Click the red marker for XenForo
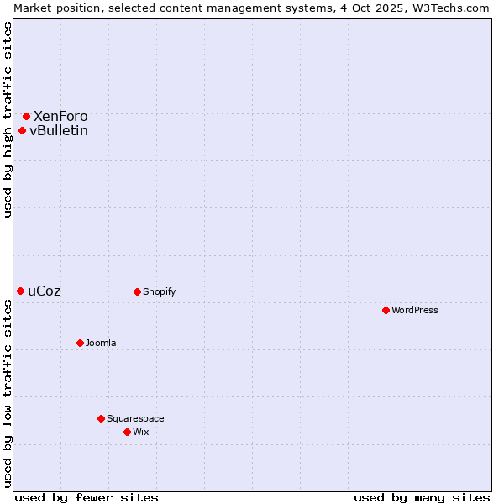tap(26, 116)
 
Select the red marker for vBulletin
tap(22, 130)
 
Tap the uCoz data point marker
tap(20, 291)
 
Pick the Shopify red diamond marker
tap(137, 291)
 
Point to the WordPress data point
tap(386, 310)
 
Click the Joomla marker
tap(80, 343)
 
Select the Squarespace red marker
tap(101, 418)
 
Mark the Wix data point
tap(127, 432)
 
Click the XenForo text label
tap(60, 116)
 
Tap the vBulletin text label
tap(59, 130)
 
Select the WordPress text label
tap(415, 310)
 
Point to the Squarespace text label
tap(135, 418)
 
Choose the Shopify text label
tap(160, 291)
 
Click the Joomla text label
tap(101, 343)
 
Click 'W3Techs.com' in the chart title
tap(453, 8)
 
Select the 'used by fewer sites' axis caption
tap(87, 497)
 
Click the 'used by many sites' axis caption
tap(422, 497)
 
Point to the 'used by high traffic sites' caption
tap(8, 119)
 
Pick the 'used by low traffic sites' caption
tap(8, 393)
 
